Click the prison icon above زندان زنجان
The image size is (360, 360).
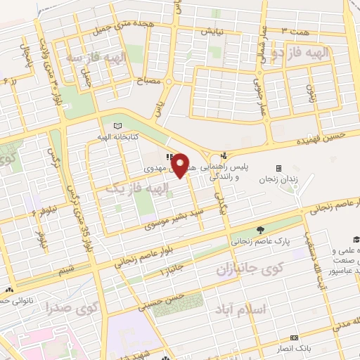point(278,168)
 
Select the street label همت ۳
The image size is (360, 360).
point(296,32)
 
